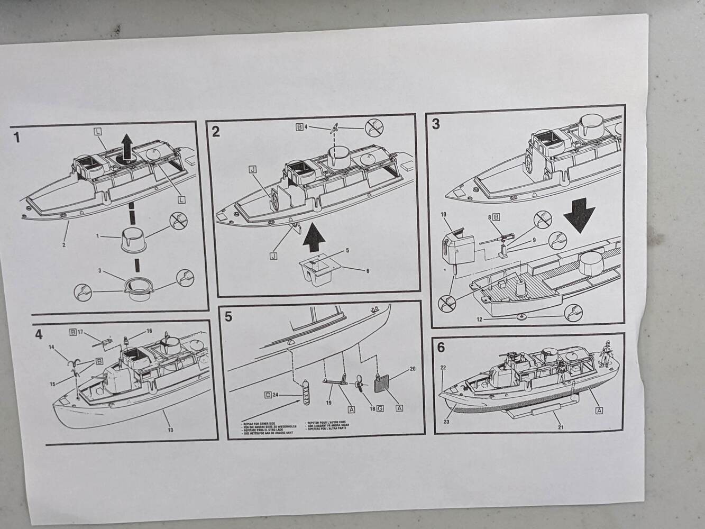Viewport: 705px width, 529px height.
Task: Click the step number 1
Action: point(17,138)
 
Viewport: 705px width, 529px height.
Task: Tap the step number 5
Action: point(228,316)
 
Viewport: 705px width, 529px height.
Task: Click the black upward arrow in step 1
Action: point(127,147)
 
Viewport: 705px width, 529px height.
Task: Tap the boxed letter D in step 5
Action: point(269,395)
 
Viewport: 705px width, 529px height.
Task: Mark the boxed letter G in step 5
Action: point(379,409)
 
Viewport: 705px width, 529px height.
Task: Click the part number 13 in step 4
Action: point(170,430)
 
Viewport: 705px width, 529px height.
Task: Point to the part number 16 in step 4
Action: point(149,331)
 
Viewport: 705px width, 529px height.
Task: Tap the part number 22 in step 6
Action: point(443,368)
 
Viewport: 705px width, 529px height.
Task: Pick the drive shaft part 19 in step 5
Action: point(334,381)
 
